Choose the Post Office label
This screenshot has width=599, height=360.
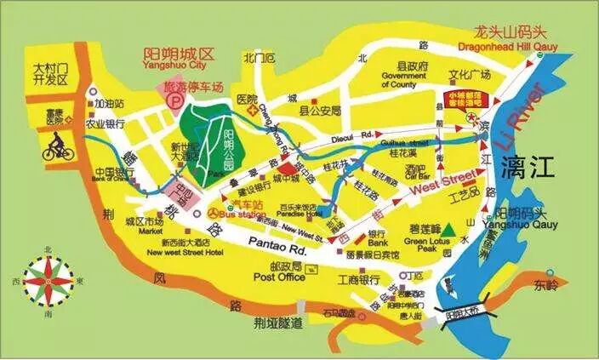(280, 277)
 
